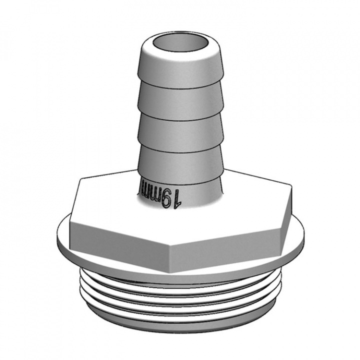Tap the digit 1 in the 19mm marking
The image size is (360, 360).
click(177, 199)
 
